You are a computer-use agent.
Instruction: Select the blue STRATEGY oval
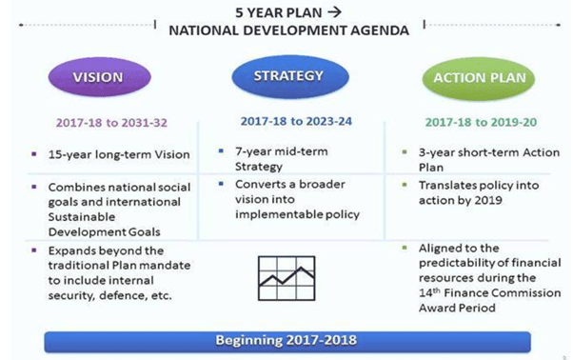click(x=286, y=75)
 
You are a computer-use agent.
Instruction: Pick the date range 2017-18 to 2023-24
click(x=286, y=121)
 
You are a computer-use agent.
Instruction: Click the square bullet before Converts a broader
click(x=220, y=184)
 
